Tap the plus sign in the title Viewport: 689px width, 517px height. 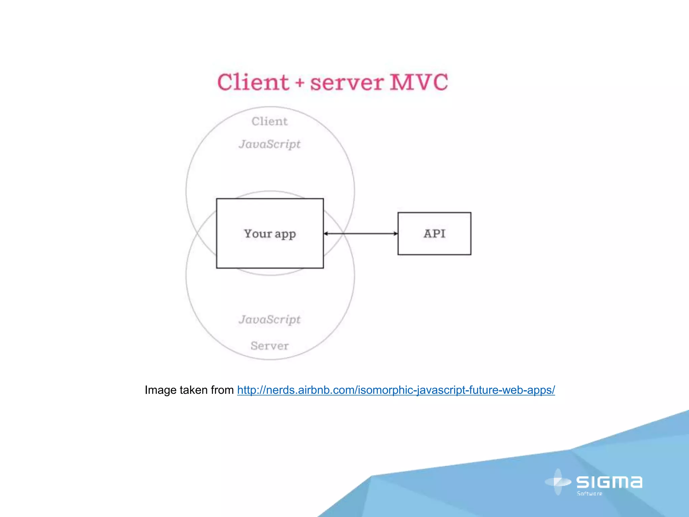coord(300,83)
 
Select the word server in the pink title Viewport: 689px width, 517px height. coord(347,83)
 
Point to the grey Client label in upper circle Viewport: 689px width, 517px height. coord(269,121)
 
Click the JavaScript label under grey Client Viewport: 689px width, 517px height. coord(269,144)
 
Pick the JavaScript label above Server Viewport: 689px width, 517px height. coord(269,319)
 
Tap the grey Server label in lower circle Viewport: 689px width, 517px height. coord(269,346)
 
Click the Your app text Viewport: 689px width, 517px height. coord(269,234)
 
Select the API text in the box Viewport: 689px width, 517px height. coord(434,234)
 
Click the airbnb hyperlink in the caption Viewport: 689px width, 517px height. coord(396,390)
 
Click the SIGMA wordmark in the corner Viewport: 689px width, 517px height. coord(609,482)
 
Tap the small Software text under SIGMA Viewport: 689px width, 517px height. coord(589,493)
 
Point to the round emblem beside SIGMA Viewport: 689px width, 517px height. coord(558,482)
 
